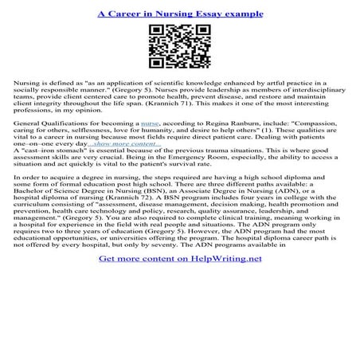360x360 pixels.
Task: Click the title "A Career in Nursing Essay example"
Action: [x=180, y=14]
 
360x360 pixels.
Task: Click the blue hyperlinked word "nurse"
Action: [x=149, y=125]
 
